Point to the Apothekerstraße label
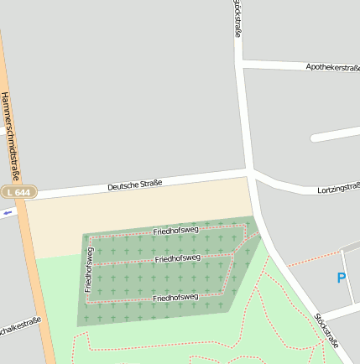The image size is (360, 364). tap(332, 66)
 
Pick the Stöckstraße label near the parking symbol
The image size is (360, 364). tap(326, 330)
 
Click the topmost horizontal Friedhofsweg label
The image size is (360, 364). tap(176, 230)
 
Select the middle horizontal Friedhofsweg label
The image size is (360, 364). tap(178, 258)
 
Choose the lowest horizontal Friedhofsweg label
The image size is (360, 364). tap(175, 297)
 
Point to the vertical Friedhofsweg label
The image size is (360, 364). tap(88, 269)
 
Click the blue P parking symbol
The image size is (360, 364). tap(341, 278)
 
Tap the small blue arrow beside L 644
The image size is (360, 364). tap(8, 212)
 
